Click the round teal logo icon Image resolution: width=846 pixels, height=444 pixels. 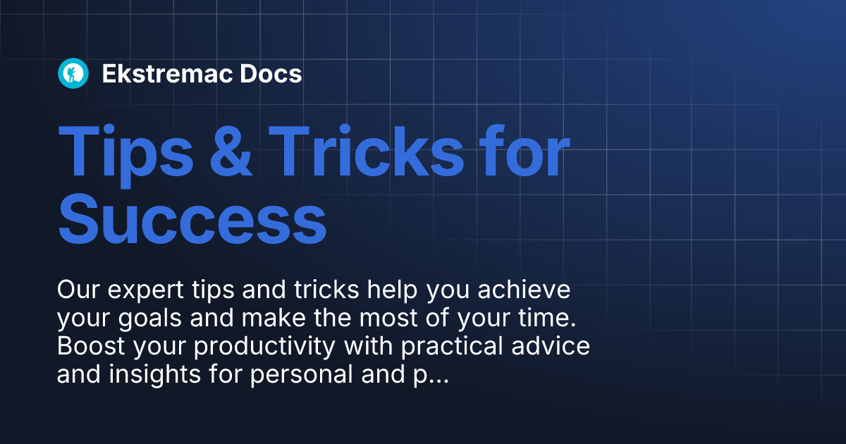[73, 73]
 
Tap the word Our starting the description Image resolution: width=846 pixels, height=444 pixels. [77, 290]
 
